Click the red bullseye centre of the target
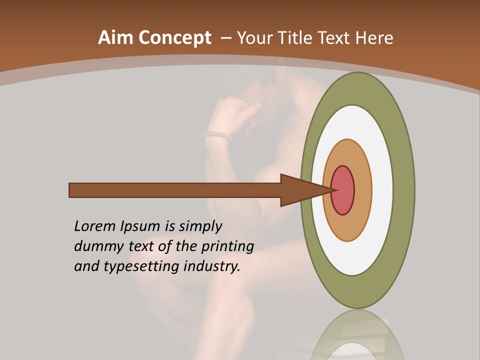[x=342, y=190]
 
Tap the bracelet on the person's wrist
[x=219, y=134]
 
